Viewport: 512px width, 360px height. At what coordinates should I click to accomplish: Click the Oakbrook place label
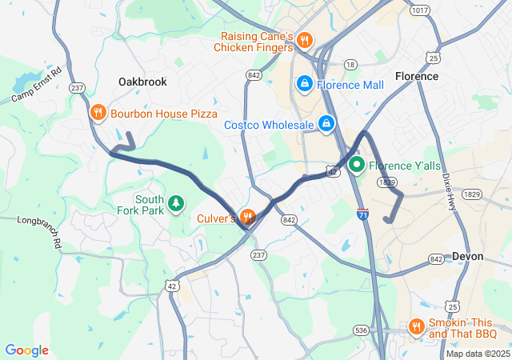point(142,82)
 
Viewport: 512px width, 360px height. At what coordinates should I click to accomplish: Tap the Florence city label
point(416,76)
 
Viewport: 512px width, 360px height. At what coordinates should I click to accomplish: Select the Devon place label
point(467,256)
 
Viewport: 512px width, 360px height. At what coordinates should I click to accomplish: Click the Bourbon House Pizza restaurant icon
point(98,113)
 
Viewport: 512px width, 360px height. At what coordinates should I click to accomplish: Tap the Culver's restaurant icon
point(247,216)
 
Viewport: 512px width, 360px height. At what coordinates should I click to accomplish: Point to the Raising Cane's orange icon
point(303,40)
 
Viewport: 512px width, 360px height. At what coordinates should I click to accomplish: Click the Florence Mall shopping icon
point(305,83)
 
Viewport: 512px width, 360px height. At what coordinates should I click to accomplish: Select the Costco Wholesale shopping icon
point(326,124)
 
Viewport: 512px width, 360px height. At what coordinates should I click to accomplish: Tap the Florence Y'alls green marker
point(355,166)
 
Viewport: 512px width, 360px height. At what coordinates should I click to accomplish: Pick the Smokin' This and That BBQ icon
point(415,326)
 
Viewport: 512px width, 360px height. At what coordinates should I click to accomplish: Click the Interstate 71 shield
point(364,216)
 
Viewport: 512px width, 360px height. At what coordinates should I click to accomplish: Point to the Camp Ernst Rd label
point(36,86)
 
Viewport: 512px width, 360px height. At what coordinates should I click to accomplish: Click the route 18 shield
point(350,63)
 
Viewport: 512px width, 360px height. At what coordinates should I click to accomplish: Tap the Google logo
point(26,350)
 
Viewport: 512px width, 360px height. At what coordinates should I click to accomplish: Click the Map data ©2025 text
point(477,354)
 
